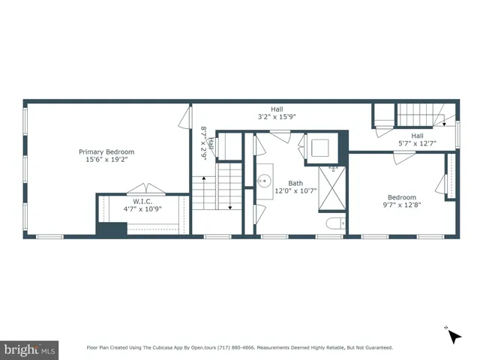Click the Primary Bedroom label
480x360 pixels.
106,151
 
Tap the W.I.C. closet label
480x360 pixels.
143,201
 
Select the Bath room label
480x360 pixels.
295,182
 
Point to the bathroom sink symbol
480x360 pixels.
265,181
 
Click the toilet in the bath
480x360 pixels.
335,223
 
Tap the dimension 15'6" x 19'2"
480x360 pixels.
106,160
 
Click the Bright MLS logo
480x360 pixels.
30,349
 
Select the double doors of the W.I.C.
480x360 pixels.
142,188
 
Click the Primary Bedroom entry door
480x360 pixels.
184,118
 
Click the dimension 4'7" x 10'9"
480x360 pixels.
143,209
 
